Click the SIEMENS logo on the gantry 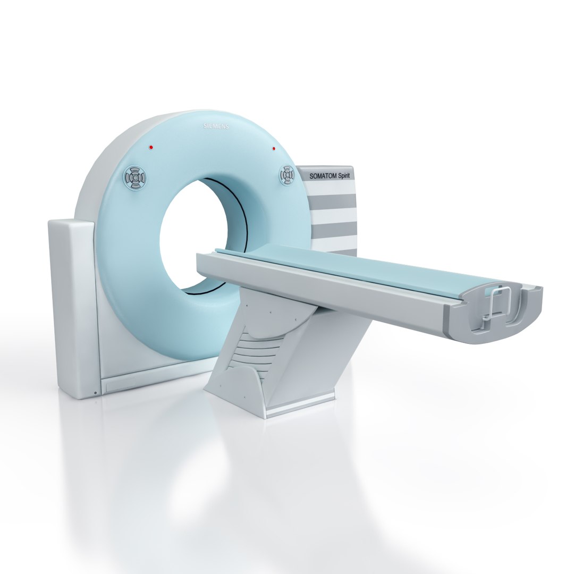(216, 126)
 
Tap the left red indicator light (151, 147)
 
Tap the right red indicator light (274, 149)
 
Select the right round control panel (288, 174)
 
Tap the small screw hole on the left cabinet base (95, 393)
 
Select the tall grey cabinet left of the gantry (72, 308)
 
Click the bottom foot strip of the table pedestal (300, 407)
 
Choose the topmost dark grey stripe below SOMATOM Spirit (333, 200)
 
